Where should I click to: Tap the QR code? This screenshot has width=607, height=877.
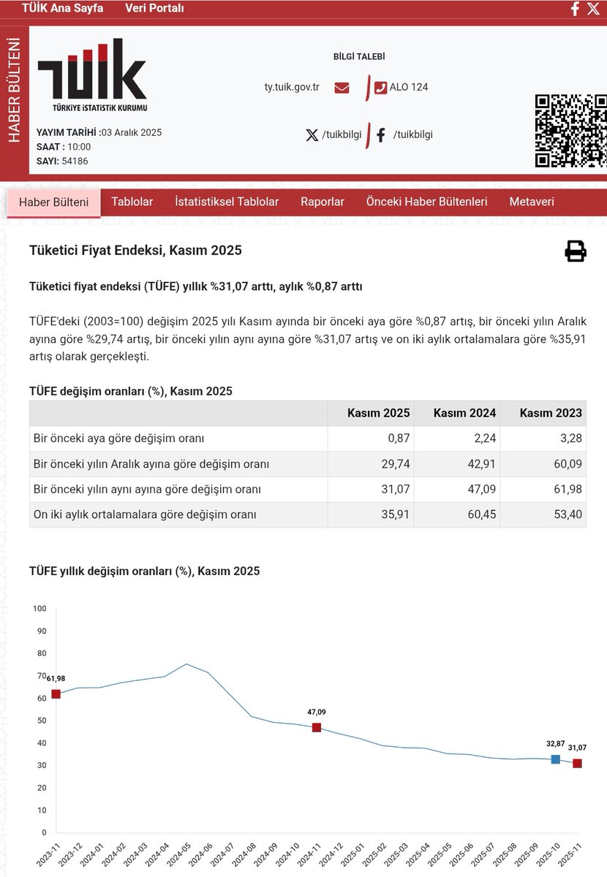coord(570,131)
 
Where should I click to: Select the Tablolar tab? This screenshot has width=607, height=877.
coord(132,202)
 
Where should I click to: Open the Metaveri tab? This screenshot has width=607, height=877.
coord(532,202)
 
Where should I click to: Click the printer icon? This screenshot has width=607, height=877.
coord(576,251)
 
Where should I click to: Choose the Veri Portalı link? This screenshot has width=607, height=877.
coord(154,9)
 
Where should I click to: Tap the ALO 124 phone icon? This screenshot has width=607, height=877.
coord(380,88)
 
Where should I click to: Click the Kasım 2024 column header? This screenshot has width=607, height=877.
coord(464,413)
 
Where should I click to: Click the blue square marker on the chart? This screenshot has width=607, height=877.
coord(555,759)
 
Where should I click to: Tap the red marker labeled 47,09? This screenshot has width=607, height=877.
coord(317,727)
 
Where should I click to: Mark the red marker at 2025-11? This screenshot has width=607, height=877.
coord(577,763)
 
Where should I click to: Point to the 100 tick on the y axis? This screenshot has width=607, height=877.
coord(39,609)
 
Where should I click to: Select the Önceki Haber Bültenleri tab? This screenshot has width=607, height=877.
coord(426,202)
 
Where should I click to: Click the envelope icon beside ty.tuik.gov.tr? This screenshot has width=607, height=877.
coord(342,88)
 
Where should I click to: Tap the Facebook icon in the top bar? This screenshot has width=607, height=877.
coord(575,9)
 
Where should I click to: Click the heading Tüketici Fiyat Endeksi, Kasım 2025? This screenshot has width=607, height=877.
coord(135,251)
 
